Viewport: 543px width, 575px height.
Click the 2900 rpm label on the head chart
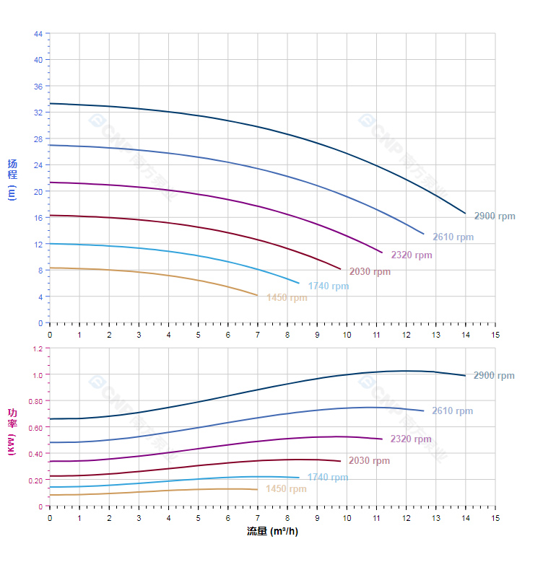495,216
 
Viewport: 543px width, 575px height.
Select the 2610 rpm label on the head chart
453,237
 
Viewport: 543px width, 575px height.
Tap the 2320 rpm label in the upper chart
412,255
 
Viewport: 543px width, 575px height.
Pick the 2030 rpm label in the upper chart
370,272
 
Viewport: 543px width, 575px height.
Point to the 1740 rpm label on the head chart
328,286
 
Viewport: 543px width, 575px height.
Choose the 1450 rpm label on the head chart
287,298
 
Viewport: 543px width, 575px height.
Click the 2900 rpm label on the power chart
494,376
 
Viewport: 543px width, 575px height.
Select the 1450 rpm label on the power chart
286,489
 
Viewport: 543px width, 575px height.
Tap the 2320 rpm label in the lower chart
411,439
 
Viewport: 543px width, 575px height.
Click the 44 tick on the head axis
38,34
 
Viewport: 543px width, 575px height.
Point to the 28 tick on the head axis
38,139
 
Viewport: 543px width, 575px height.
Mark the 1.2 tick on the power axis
38,348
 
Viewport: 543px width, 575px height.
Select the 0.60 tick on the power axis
36,428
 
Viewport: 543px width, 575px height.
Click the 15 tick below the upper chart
495,335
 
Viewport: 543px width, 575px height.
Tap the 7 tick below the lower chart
257,518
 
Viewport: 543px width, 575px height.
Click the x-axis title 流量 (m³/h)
272,532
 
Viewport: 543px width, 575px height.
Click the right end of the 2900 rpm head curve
465,214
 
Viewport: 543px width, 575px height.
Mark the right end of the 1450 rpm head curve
257,295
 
